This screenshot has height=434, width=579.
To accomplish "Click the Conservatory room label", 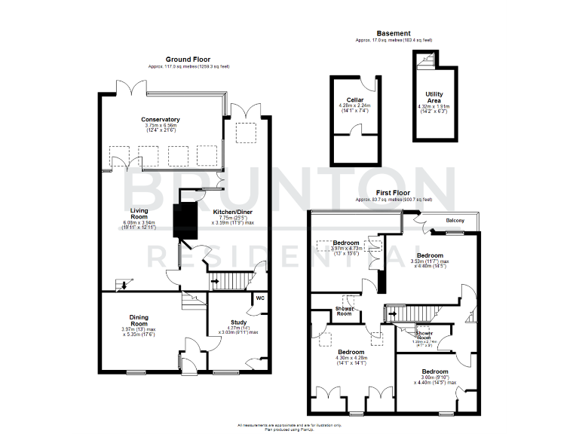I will pos(160,119).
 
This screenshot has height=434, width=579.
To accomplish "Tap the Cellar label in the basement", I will pos(354,99).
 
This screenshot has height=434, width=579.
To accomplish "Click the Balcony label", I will pos(455,220).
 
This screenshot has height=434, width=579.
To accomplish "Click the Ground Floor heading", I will pos(188,59).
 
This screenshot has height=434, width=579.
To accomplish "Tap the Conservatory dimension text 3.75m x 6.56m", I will pos(160,129).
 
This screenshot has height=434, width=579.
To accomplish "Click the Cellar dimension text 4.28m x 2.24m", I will pos(354,108).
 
